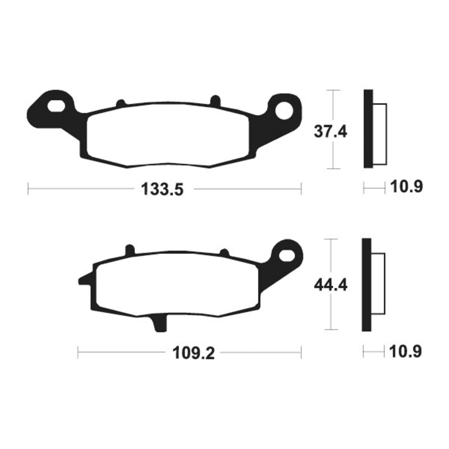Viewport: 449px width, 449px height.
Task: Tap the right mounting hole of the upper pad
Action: click(x=288, y=109)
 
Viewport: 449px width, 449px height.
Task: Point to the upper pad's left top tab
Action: click(x=120, y=103)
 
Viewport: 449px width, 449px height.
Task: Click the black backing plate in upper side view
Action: click(x=368, y=129)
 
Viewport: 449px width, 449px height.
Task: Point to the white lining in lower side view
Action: click(x=378, y=285)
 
